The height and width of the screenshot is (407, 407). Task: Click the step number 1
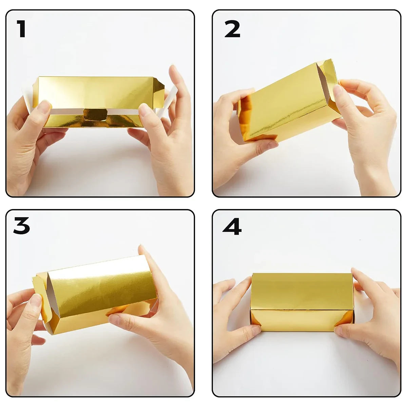pos(22,29)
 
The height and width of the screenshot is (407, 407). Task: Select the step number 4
pos(232,226)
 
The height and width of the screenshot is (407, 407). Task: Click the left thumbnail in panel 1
pos(44,107)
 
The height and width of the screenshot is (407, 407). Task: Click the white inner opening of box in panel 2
pos(323,84)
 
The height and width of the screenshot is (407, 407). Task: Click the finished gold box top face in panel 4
pos(302,291)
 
